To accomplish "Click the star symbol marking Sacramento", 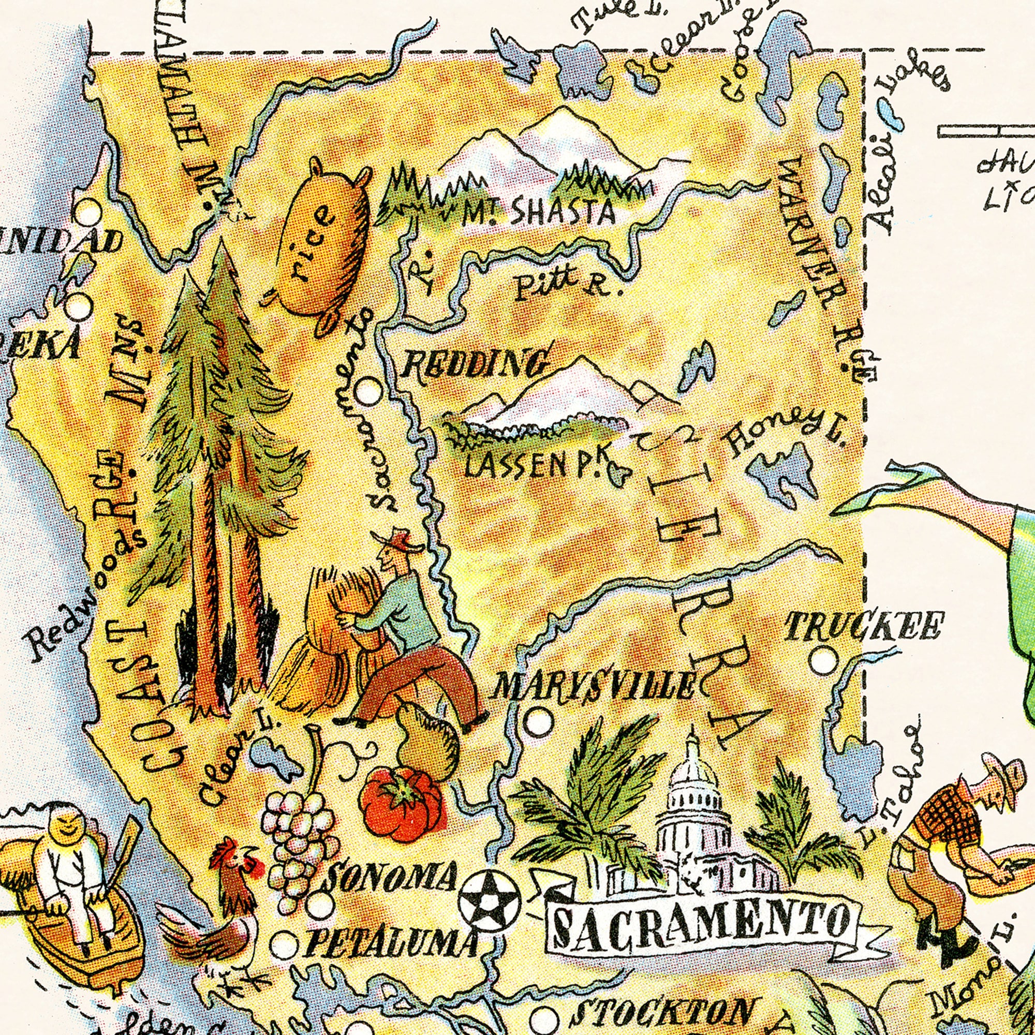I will coord(489,900).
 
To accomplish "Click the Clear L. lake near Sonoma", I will coord(272,759).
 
